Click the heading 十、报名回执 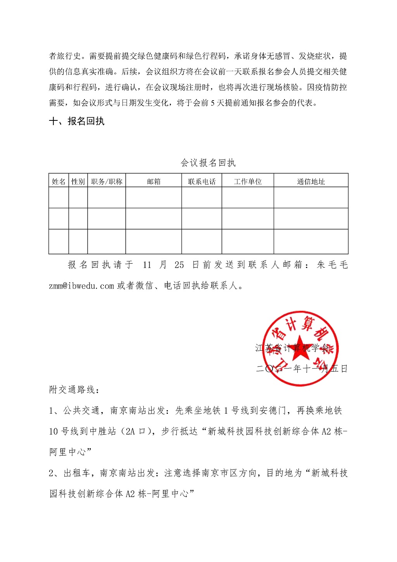77,121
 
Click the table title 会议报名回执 208,163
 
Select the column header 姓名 59,181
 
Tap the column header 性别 78,181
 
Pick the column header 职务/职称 107,181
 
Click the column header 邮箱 154,181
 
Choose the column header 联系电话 202,181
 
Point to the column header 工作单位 248,181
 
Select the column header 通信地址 311,181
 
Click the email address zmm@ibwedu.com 81,286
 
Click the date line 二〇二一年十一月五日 302,368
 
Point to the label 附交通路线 72,390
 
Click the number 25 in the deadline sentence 179,265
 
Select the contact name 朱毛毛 332,265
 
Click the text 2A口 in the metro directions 136,431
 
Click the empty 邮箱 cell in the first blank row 154,197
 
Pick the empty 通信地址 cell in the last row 311,241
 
